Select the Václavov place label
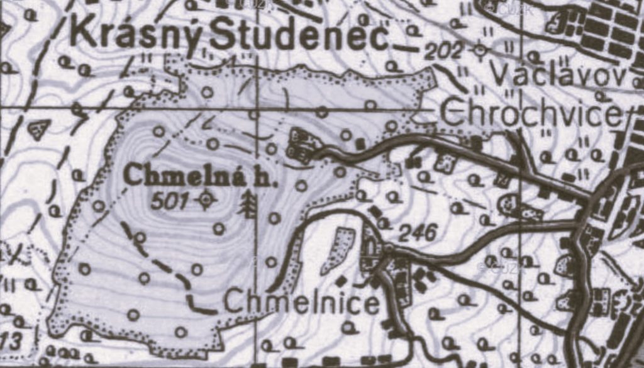(558, 75)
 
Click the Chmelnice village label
(302, 303)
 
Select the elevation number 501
(170, 201)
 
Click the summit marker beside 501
(205, 201)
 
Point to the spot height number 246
(418, 233)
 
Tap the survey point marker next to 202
(481, 49)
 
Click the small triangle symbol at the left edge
(40, 129)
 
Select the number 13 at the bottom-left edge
(11, 342)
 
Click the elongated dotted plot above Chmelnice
(337, 250)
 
